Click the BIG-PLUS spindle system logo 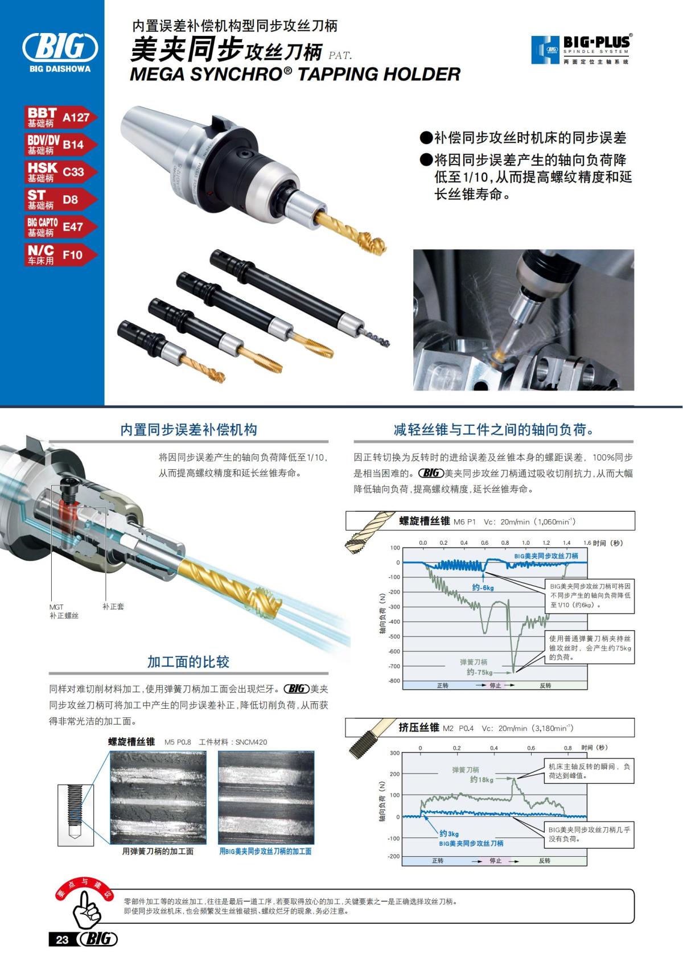click(x=581, y=50)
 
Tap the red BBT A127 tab click(x=59, y=117)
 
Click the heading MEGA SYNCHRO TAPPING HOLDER click(x=295, y=74)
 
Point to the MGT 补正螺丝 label click(x=63, y=611)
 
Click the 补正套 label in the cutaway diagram click(x=113, y=607)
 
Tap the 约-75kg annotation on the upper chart click(x=479, y=672)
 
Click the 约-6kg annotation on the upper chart click(x=483, y=587)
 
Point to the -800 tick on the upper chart click(x=394, y=681)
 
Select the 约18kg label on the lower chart click(x=482, y=779)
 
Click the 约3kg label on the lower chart click(x=449, y=833)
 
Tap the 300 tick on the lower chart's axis click(x=394, y=753)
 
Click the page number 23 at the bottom click(x=62, y=939)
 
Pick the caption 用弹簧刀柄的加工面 click(x=158, y=851)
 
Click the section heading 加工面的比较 click(x=188, y=661)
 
